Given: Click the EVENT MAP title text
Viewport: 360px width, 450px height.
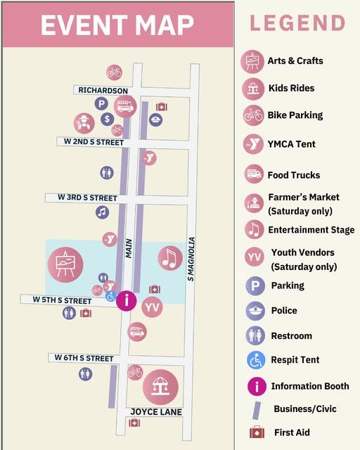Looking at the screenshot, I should pos(117,25).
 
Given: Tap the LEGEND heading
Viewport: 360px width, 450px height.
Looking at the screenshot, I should pos(297,23).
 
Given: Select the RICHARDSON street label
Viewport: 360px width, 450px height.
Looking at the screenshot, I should pos(103,90).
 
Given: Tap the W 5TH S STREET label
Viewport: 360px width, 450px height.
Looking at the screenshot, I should pos(62,300).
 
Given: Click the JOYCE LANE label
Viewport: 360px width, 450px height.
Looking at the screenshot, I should pos(156,411).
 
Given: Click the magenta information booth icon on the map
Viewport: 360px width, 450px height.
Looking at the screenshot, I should pos(126,301).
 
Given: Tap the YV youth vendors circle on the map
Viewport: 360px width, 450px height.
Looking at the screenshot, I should pos(152,307).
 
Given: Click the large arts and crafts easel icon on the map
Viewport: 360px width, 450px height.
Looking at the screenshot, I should pos(65,264).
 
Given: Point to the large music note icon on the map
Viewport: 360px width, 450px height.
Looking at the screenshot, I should pos(169,258).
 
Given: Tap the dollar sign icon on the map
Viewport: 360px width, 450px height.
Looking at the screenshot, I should pos(107,119).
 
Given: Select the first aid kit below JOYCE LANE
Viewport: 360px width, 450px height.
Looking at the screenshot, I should pos(134,423).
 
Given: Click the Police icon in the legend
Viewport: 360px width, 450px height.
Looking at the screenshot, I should pos(255,311).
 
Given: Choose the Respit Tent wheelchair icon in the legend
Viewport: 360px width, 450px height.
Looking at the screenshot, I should pos(255,360).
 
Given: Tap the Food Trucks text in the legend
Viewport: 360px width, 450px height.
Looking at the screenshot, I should pos(293,175).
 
